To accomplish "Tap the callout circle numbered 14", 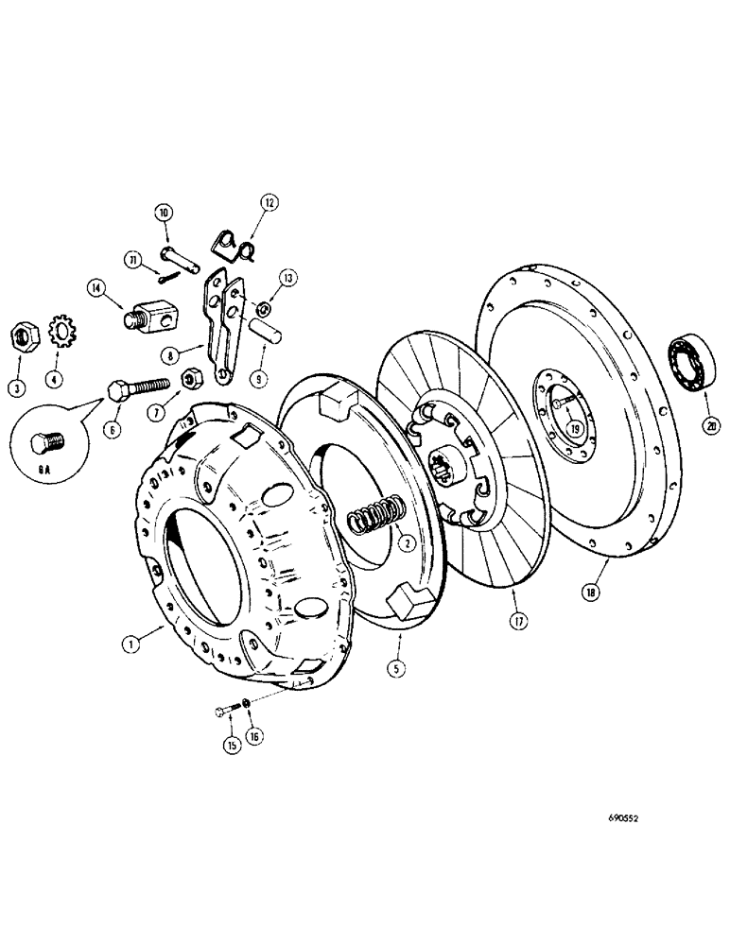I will point(96,289).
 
